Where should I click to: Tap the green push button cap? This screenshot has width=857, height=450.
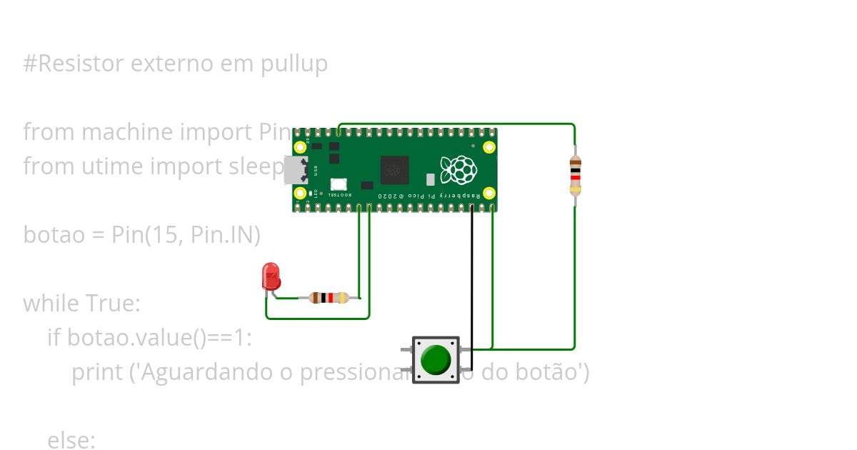click(x=436, y=359)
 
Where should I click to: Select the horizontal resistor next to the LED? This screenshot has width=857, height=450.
click(x=329, y=298)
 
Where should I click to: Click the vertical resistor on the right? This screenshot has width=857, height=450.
click(x=575, y=175)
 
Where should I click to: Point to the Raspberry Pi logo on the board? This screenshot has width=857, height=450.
click(x=458, y=170)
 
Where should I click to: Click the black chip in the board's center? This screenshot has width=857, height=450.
click(x=394, y=170)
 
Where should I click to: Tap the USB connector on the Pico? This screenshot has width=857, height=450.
click(x=295, y=170)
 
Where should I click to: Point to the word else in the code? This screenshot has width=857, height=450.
click(x=71, y=440)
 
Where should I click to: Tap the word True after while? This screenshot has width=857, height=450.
click(x=114, y=303)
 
